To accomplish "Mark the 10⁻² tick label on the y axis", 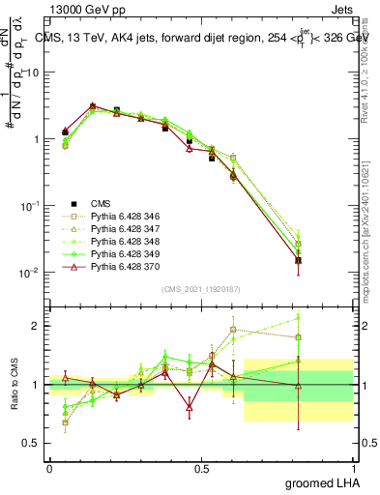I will [29, 273].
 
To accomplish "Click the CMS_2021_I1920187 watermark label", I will [201, 289].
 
